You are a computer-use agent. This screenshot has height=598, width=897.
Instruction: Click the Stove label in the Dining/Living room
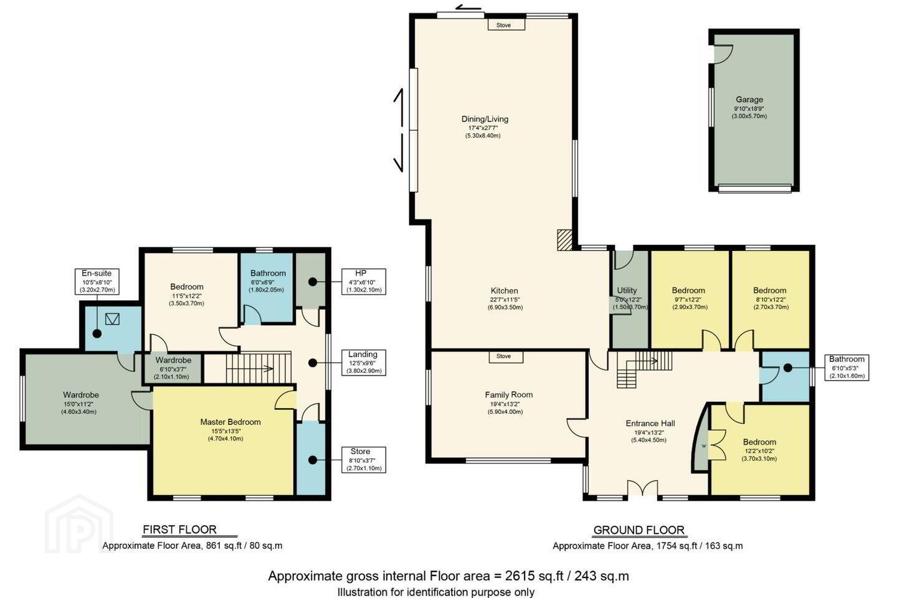click(x=506, y=25)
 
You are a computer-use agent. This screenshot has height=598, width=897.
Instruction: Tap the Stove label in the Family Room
click(x=506, y=356)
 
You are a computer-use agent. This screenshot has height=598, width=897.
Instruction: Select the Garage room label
click(x=749, y=99)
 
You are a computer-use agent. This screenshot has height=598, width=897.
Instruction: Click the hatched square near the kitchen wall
click(x=564, y=240)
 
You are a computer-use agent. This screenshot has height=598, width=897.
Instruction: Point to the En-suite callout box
click(x=97, y=282)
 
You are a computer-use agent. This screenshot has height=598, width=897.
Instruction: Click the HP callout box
click(x=364, y=282)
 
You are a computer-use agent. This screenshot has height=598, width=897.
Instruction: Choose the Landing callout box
click(x=364, y=363)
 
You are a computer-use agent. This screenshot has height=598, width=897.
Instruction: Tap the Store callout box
click(x=364, y=460)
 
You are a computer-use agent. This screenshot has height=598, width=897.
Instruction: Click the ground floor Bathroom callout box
click(x=847, y=368)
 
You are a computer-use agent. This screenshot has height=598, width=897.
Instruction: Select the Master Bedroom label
click(x=230, y=422)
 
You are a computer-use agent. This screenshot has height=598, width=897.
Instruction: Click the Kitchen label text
click(x=505, y=291)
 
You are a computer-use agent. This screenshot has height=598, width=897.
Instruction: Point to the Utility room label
click(x=627, y=290)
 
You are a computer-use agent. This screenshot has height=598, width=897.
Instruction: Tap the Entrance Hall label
click(x=650, y=424)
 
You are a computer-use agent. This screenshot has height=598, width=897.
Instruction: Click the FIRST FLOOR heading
click(x=180, y=529)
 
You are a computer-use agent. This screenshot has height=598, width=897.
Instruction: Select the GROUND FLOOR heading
click(x=638, y=530)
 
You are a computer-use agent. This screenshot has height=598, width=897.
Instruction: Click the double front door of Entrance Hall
click(x=642, y=489)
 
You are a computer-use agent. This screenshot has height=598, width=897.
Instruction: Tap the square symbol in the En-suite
click(x=112, y=319)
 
